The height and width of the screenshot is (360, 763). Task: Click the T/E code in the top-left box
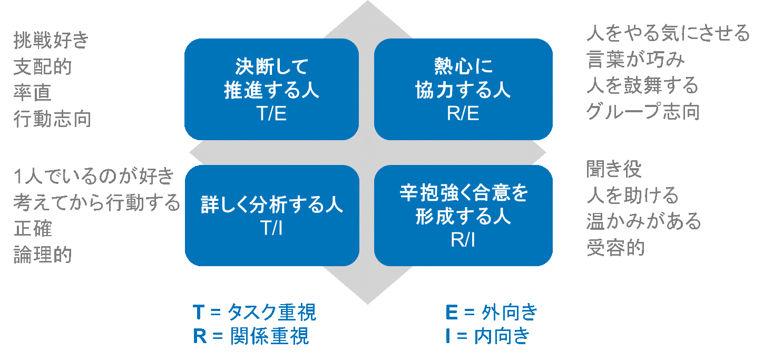click(x=271, y=113)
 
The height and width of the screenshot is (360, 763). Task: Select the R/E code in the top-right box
click(x=463, y=113)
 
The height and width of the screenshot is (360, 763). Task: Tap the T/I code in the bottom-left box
click(x=271, y=228)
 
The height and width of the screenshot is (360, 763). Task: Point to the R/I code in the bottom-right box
click(x=463, y=240)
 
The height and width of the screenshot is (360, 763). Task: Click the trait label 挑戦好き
click(x=51, y=40)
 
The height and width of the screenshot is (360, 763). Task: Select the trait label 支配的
click(x=43, y=66)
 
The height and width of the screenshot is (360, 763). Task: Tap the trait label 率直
click(x=33, y=93)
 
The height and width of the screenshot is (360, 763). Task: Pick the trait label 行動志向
click(x=53, y=119)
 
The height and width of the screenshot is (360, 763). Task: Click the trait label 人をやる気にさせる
click(x=668, y=33)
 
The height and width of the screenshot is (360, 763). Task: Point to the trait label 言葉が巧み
click(x=635, y=59)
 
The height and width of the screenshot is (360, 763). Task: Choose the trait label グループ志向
click(x=643, y=112)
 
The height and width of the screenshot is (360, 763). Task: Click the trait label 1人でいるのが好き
click(x=94, y=177)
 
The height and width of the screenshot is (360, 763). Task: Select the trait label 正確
click(x=33, y=228)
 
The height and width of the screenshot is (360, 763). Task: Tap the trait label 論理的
click(x=43, y=255)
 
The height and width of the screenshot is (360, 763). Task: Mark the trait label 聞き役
click(x=614, y=169)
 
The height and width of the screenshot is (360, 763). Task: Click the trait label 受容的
click(x=615, y=248)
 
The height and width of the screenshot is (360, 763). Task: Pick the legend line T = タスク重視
click(x=255, y=312)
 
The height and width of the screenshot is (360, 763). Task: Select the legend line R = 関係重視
click(x=251, y=336)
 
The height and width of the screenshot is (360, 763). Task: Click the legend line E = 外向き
click(x=492, y=312)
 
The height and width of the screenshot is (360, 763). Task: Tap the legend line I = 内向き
click(x=488, y=336)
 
